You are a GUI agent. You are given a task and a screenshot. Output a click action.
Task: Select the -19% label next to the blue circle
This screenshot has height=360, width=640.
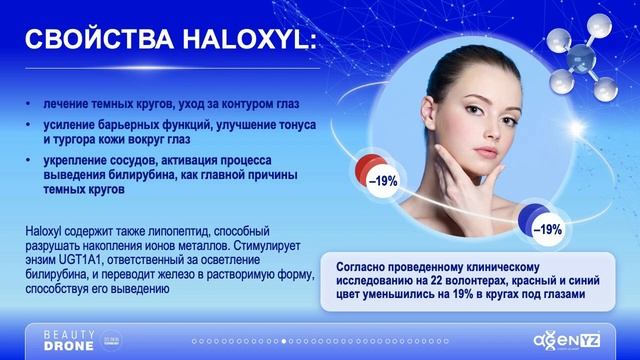[x=546, y=229]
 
